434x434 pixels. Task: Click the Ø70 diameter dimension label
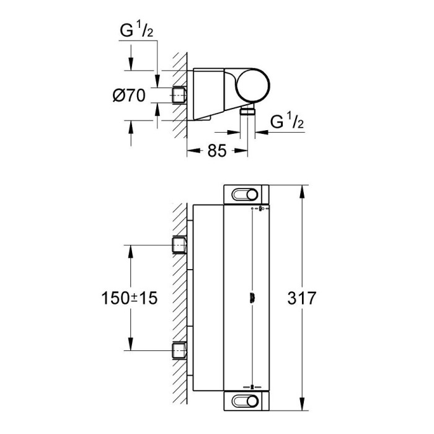129,95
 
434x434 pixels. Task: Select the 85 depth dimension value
217,151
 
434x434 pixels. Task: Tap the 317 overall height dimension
302,298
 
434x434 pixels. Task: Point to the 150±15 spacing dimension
129,298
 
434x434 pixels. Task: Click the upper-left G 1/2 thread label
136,30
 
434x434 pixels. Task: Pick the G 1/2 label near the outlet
287,122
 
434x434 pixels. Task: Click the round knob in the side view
252,86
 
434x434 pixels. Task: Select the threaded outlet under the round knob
248,111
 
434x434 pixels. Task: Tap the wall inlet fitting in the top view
179,95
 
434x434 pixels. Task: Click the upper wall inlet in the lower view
179,245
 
